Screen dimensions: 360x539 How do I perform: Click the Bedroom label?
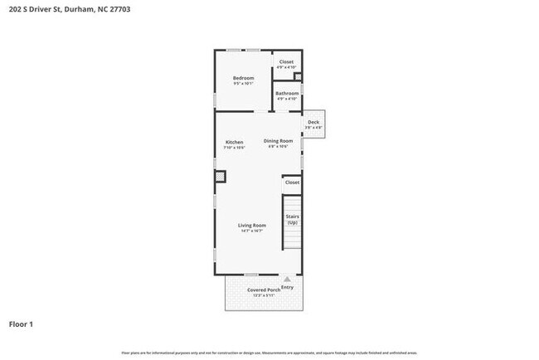(243, 78)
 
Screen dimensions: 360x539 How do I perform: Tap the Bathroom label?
(287, 93)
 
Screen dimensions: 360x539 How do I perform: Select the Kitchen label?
(235, 142)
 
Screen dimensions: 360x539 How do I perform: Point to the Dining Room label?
(279, 141)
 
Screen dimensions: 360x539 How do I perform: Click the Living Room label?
(251, 226)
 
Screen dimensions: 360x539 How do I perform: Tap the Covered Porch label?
(263, 289)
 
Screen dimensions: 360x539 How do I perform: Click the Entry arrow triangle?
(287, 280)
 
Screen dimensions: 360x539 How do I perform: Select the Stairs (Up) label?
(292, 219)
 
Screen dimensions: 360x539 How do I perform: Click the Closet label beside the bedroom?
(286, 62)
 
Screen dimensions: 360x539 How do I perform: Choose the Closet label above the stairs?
(292, 182)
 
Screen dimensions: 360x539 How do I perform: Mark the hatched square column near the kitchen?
(220, 176)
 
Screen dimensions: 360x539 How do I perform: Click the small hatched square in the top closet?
(298, 78)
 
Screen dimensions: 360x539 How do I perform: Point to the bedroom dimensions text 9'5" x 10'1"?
(243, 83)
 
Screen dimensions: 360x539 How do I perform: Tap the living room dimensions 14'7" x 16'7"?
(251, 231)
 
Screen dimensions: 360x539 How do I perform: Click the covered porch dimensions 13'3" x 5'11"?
(263, 294)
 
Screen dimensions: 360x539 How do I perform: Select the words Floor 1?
(21, 324)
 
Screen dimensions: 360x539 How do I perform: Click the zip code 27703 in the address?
(118, 9)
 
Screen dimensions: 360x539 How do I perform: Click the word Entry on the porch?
(287, 287)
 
